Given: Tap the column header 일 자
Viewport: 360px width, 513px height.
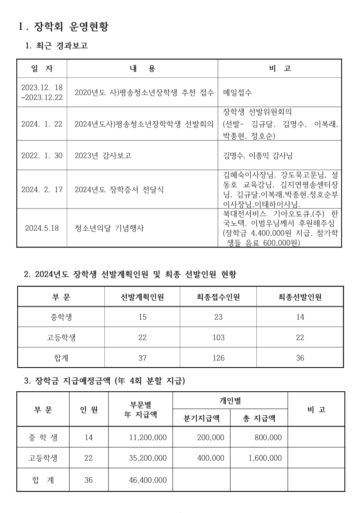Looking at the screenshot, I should click(x=42, y=68).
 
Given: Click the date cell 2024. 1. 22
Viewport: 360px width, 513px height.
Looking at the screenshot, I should click(x=42, y=124).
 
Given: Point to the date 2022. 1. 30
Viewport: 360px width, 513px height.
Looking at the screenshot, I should click(x=42, y=155).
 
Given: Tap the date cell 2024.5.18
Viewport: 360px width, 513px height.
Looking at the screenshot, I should click(x=42, y=228).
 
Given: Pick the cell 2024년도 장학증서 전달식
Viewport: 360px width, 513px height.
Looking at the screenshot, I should click(x=119, y=190).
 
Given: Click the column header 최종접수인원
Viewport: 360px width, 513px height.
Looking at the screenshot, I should click(x=218, y=297).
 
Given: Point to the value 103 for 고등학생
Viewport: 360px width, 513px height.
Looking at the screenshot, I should click(x=218, y=338).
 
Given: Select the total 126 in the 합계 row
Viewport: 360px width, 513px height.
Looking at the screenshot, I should click(x=218, y=358).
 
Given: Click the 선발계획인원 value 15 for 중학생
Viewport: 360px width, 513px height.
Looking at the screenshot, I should click(x=143, y=317).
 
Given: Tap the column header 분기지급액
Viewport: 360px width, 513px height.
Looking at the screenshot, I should click(x=202, y=418).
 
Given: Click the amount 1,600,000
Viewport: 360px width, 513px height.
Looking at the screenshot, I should click(x=265, y=458).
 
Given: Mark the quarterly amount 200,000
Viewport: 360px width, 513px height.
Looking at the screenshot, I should click(x=211, y=438).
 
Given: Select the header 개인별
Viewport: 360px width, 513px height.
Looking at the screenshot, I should click(x=230, y=400).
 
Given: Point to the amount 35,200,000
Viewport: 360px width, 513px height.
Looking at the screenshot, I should click(x=147, y=458).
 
